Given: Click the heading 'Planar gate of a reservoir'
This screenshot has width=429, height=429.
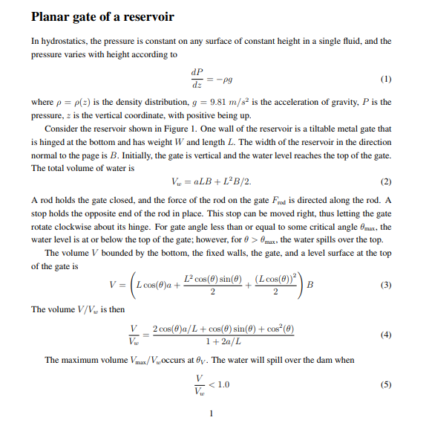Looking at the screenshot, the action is click(x=102, y=17).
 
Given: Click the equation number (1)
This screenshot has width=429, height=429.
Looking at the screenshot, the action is click(x=385, y=78).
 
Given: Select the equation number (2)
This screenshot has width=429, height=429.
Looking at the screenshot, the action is click(x=385, y=181).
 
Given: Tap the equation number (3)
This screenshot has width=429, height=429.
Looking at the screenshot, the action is click(x=385, y=285).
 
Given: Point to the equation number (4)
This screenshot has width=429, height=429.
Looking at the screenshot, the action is click(x=385, y=335).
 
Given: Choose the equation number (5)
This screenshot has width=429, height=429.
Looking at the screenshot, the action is click(x=385, y=384).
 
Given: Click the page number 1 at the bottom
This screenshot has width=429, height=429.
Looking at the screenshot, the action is click(x=212, y=413).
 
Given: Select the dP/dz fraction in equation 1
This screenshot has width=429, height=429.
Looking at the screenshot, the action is click(x=197, y=77).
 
